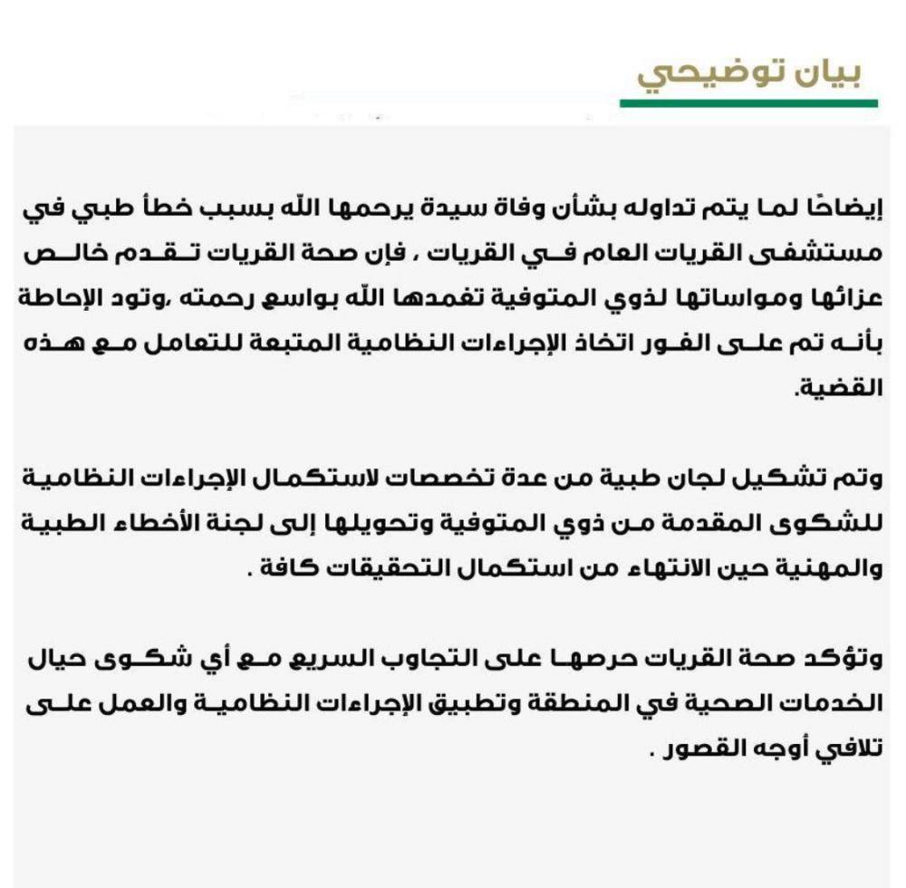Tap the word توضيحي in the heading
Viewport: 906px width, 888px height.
(x=710, y=75)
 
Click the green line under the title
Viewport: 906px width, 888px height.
(x=748, y=103)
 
